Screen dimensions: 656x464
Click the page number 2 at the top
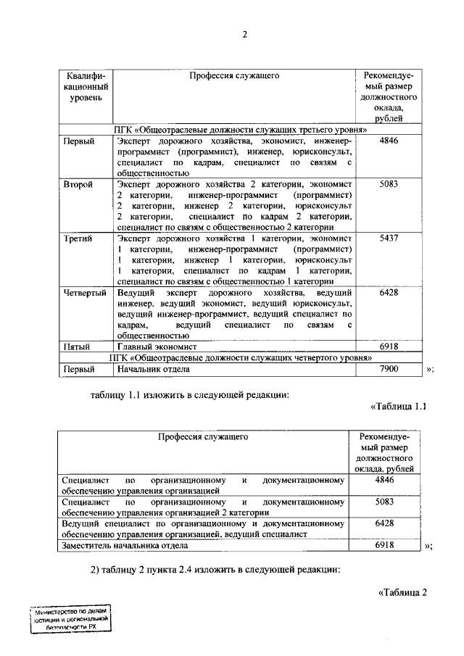click(x=245, y=35)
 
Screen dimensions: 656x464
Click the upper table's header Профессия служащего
click(x=234, y=75)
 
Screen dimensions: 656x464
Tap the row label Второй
click(x=78, y=185)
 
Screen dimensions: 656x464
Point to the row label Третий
click(x=78, y=239)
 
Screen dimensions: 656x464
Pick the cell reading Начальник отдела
click(x=153, y=369)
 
